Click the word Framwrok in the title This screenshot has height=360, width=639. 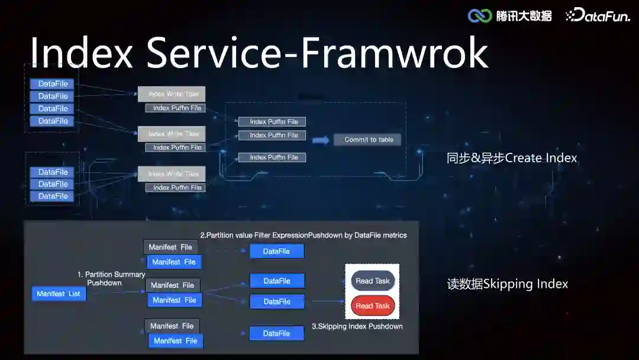tap(395, 53)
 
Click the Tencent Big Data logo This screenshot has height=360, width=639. tap(510, 16)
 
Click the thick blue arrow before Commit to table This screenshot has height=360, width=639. tap(320, 140)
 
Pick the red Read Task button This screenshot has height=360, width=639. tap(373, 306)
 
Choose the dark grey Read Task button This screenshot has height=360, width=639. tap(373, 281)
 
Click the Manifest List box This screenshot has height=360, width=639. tap(59, 294)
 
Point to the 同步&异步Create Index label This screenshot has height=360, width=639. tap(512, 158)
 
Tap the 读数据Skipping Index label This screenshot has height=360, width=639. tap(508, 284)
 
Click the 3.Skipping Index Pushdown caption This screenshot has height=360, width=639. tap(357, 326)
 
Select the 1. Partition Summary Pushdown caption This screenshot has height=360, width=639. tap(111, 278)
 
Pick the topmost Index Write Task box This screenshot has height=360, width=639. tap(172, 94)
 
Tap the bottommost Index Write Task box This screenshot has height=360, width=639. tap(172, 173)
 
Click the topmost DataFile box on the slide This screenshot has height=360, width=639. tap(52, 84)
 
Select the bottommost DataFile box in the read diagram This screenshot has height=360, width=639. tap(276, 333)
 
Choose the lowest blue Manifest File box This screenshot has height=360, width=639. tap(175, 340)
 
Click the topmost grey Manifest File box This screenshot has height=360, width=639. tap(170, 247)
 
